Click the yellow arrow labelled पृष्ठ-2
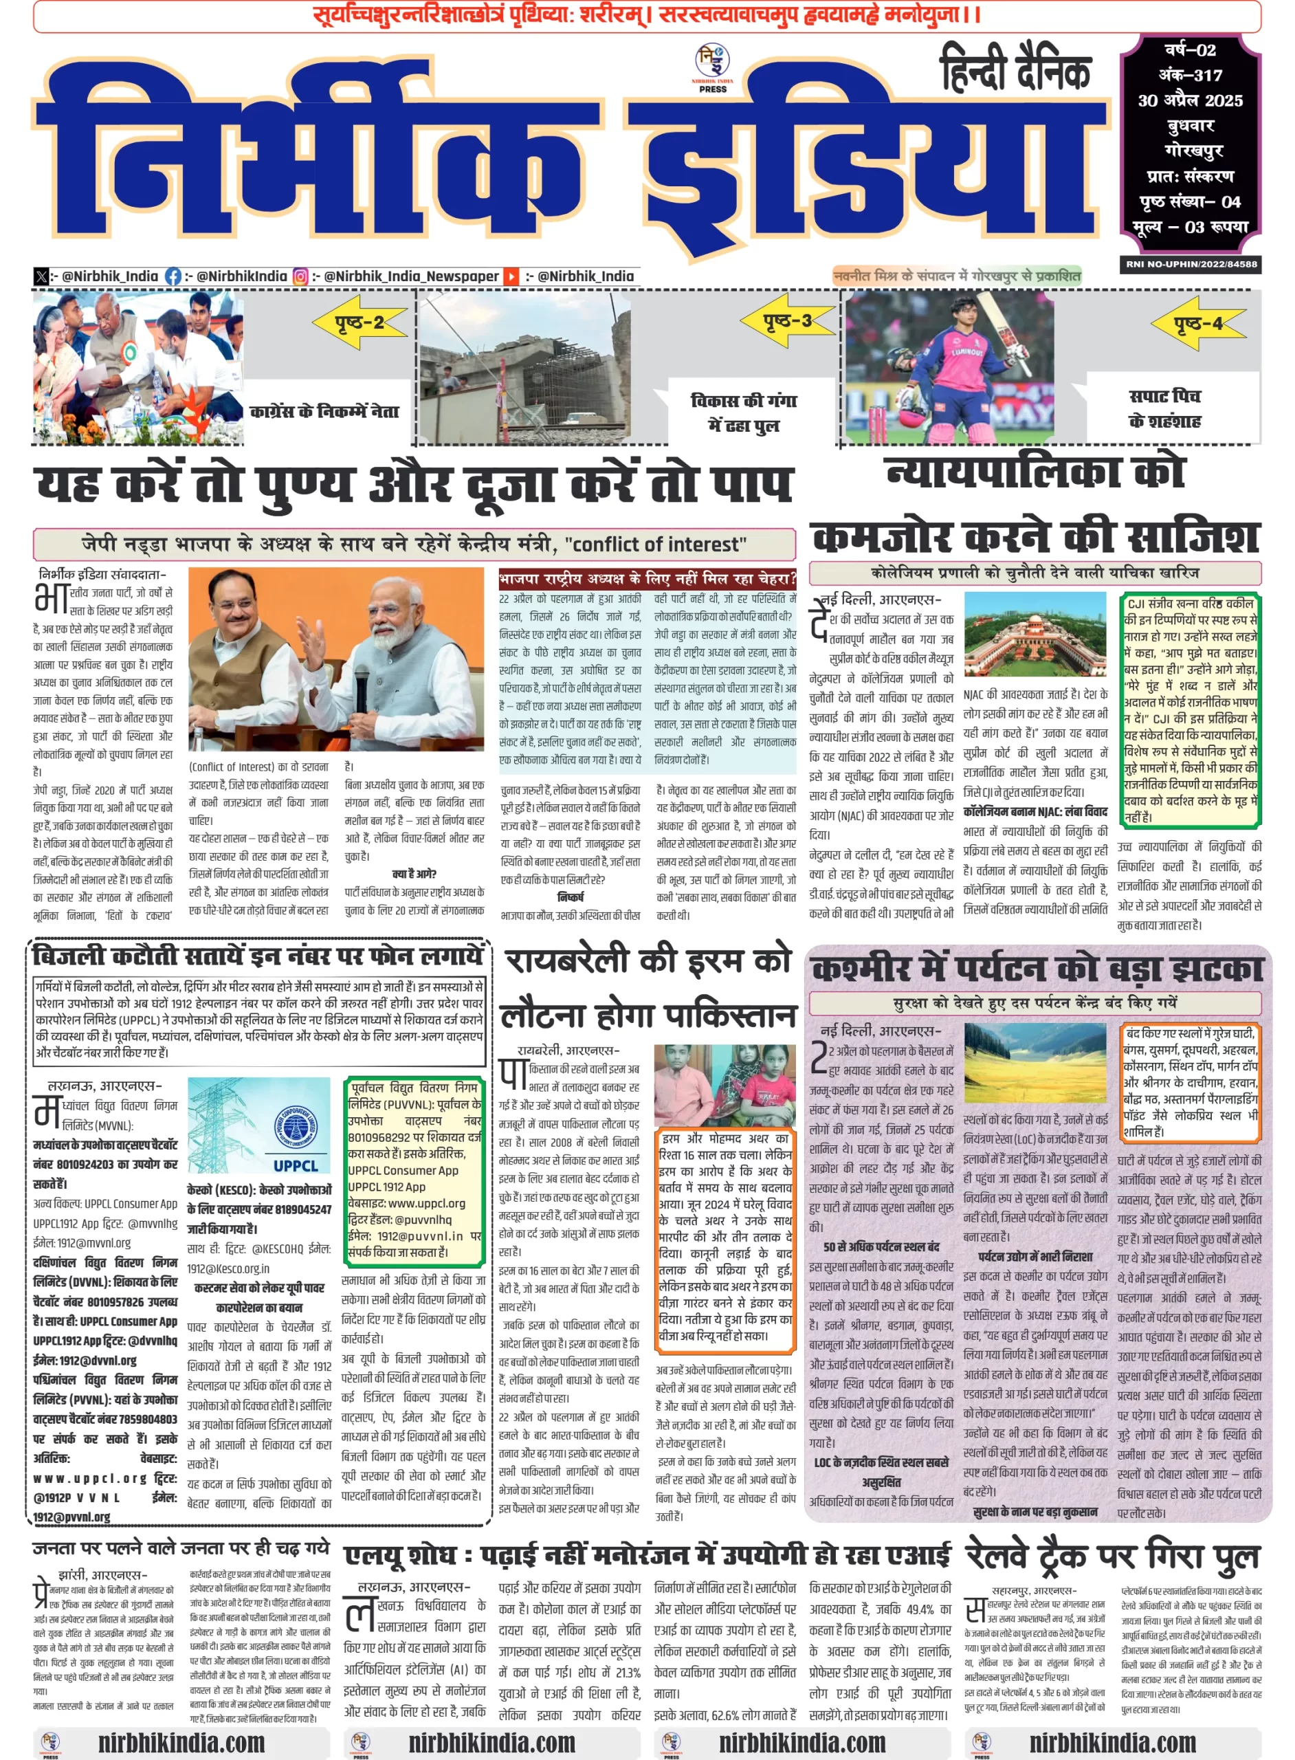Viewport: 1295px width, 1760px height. (x=359, y=322)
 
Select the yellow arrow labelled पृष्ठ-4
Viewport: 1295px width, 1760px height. (x=1197, y=323)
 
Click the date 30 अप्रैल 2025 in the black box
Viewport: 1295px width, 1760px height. (x=1190, y=100)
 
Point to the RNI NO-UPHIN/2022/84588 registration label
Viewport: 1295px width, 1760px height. (x=1191, y=264)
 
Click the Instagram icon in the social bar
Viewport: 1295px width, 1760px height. (x=300, y=276)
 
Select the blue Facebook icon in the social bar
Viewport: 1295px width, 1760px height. (x=173, y=276)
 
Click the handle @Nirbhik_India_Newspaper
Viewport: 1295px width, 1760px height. (x=411, y=276)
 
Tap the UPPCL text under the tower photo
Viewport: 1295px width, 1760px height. (x=296, y=1166)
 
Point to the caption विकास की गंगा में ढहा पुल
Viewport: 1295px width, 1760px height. (x=742, y=412)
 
